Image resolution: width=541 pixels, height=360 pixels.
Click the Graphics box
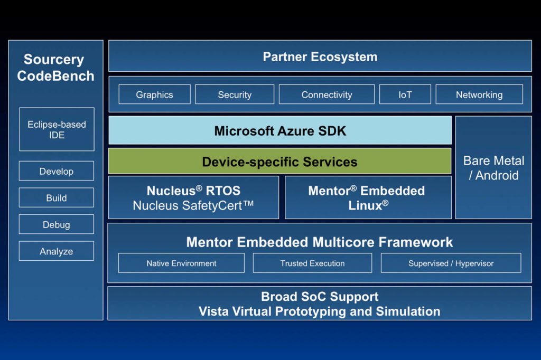(155, 94)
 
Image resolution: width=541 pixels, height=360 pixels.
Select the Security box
(235, 94)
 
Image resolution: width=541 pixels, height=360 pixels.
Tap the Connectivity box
(327, 94)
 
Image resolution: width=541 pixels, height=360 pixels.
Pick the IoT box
(405, 94)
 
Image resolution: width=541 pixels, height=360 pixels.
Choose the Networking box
(479, 94)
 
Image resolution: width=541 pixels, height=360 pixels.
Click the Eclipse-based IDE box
(57, 129)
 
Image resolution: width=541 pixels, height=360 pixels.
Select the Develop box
(57, 171)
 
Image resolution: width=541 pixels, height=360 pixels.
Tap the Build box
(57, 197)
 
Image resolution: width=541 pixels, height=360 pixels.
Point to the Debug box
(57, 224)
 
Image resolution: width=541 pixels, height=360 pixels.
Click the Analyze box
(57, 251)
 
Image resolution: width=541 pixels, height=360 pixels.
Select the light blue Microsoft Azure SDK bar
(280, 130)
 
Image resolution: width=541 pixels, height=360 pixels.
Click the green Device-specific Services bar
(280, 162)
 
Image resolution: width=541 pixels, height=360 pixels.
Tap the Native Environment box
(182, 263)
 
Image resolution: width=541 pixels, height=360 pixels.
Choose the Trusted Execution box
(313, 263)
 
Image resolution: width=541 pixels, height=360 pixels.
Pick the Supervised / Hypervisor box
(451, 263)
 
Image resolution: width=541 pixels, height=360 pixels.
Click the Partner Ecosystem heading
(320, 57)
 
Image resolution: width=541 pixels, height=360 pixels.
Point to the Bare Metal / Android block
(493, 167)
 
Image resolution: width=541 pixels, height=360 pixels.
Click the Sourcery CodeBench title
(55, 68)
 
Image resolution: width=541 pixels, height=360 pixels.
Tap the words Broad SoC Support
(320, 297)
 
